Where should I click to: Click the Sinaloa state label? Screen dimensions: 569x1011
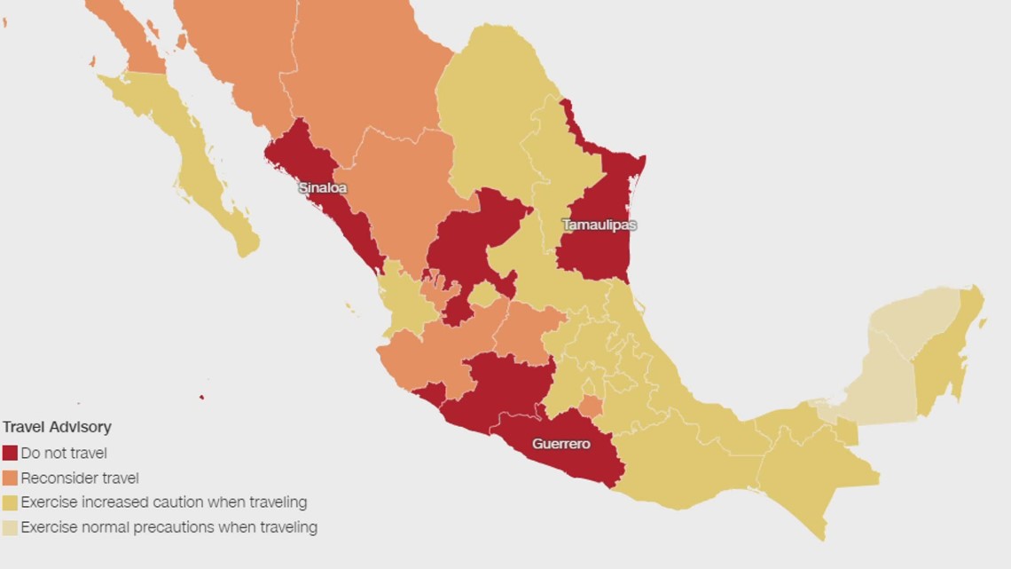322,188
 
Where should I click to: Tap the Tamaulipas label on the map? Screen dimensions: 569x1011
599,225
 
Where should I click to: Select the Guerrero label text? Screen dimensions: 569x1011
560,444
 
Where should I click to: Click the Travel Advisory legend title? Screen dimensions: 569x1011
57,427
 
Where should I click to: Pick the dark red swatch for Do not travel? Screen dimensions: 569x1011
10,453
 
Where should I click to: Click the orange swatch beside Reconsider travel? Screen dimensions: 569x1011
10,478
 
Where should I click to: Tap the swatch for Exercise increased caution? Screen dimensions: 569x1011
10,502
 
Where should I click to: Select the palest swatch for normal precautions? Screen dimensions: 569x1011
10,527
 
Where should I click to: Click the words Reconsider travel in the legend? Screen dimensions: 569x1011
80,478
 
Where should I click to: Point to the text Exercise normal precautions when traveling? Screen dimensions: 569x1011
168,527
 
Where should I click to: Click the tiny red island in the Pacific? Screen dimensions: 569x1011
201,397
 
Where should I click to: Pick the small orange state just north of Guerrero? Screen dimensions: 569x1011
592,407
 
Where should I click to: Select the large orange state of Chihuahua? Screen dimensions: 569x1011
364,71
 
